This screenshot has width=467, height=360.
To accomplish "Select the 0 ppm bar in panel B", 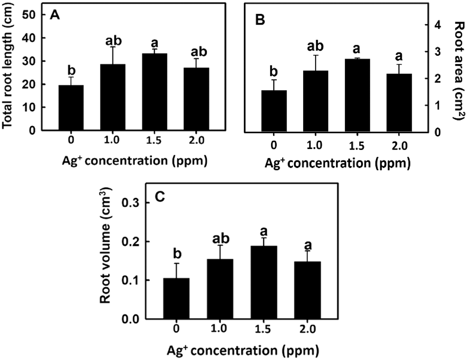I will click(274, 111).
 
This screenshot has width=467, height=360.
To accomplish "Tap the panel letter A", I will click(55, 15).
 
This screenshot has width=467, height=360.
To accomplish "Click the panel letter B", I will click(260, 20).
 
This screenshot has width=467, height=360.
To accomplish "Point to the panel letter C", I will click(160, 197).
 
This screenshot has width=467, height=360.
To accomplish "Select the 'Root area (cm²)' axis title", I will click(459, 71).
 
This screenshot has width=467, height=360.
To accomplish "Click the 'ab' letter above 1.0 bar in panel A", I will click(113, 41).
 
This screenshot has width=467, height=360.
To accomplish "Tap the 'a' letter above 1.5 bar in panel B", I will click(357, 49).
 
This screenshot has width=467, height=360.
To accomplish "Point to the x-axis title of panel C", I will click(243, 351).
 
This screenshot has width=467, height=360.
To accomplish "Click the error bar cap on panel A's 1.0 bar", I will click(113, 47).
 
